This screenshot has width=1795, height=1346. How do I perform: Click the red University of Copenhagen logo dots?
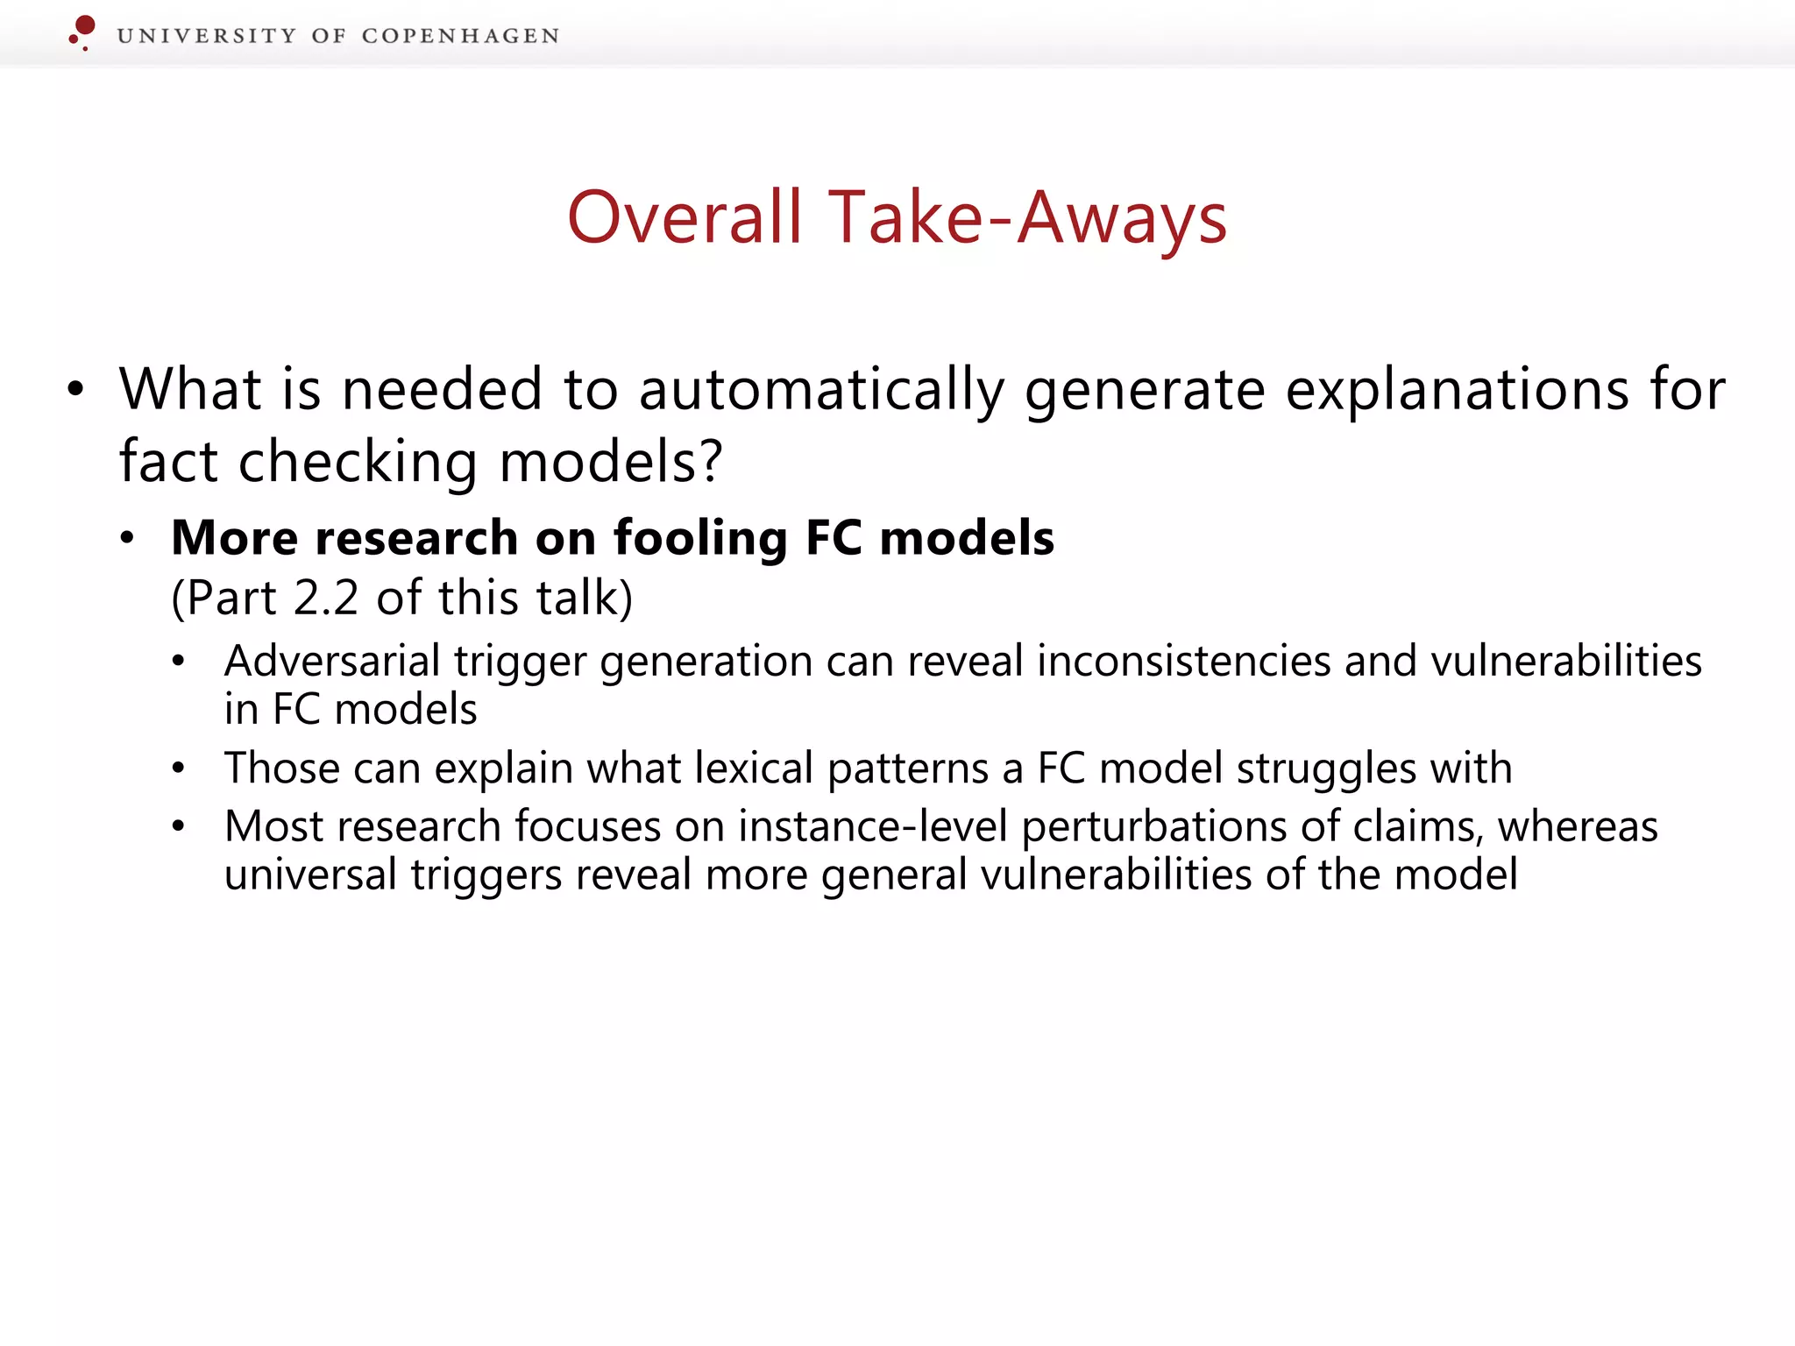tap(82, 32)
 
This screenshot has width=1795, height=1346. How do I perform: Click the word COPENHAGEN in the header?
tap(460, 36)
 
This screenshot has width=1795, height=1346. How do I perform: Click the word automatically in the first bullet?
tap(821, 390)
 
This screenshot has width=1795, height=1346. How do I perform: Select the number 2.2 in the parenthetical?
tap(326, 599)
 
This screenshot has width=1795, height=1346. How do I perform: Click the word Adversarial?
tap(331, 661)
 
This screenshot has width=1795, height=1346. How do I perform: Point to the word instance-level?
tap(872, 826)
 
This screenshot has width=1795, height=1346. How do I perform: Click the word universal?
tap(310, 875)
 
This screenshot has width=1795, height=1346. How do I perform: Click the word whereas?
tap(1577, 826)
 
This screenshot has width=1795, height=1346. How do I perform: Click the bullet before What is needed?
tap(76, 390)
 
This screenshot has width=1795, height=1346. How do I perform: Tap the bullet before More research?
tap(128, 538)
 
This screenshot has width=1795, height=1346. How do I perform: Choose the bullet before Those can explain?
tap(179, 769)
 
